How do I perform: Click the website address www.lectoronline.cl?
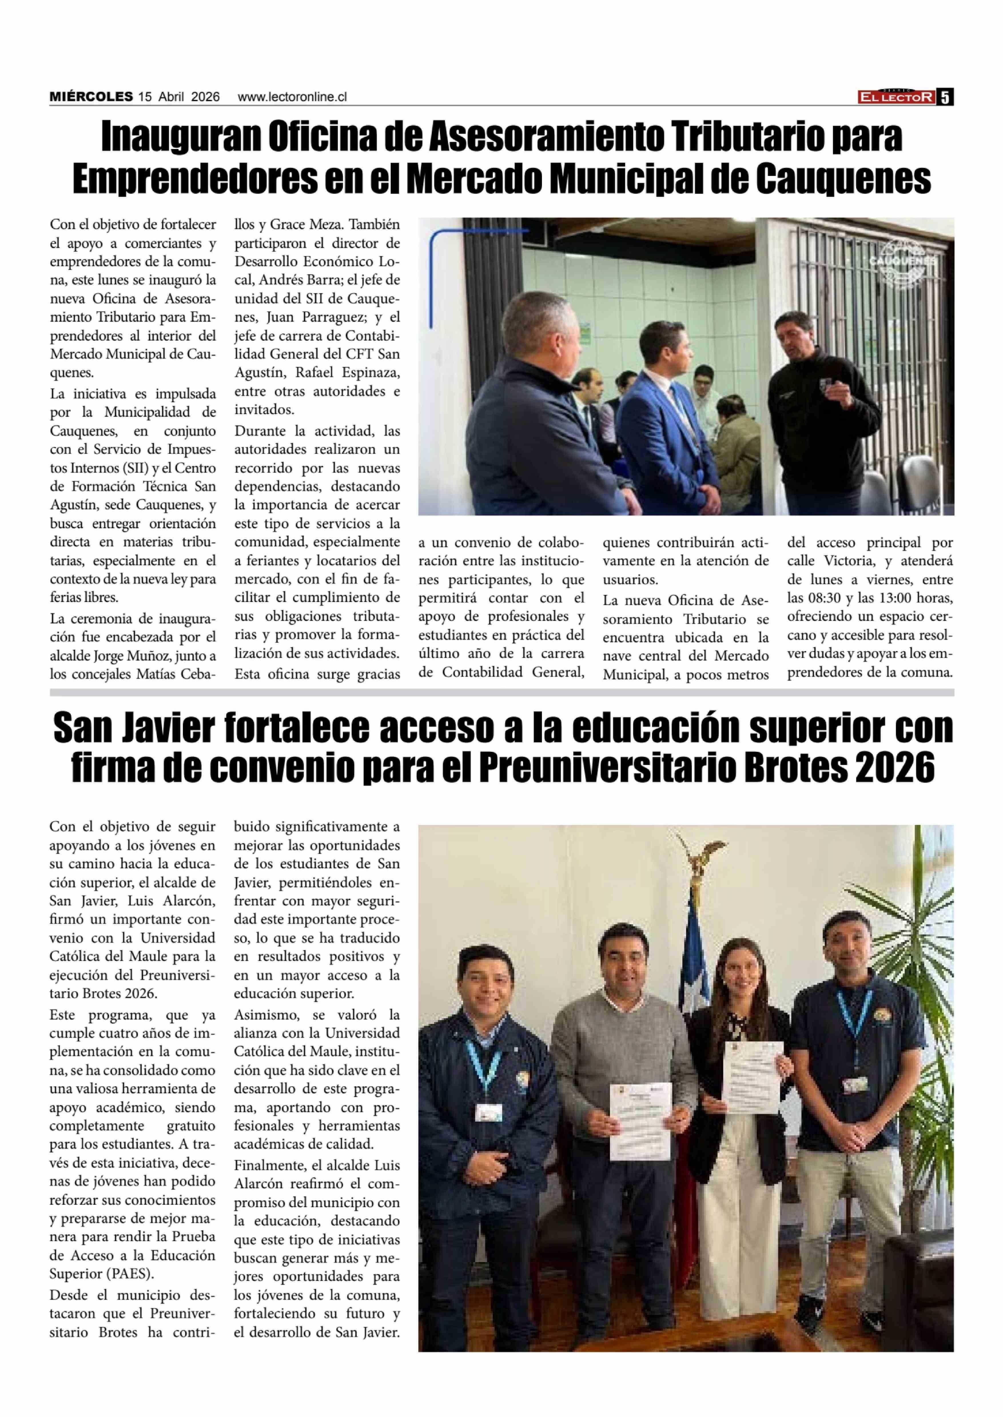[292, 97]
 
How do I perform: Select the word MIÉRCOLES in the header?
[91, 97]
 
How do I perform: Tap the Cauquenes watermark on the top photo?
[902, 260]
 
